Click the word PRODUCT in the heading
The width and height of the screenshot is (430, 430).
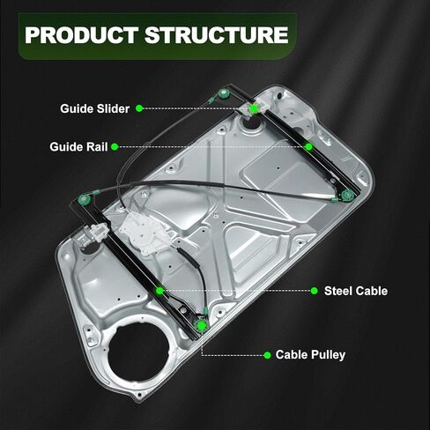(x=81, y=35)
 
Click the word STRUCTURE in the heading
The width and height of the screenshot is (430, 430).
(x=217, y=35)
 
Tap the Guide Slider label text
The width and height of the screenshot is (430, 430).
(x=94, y=108)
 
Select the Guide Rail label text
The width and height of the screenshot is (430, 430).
(x=78, y=147)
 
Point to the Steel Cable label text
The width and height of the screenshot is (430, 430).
(x=356, y=291)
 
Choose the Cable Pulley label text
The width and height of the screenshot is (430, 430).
(x=310, y=355)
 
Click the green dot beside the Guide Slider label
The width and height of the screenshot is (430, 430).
(x=139, y=108)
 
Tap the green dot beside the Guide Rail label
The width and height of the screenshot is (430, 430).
(x=115, y=147)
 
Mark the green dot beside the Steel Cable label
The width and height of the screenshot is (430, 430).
(x=314, y=291)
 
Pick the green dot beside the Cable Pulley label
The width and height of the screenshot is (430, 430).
(x=267, y=355)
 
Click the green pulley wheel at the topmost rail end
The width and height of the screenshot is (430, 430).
(x=226, y=94)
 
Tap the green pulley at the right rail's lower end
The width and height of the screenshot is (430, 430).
(x=348, y=195)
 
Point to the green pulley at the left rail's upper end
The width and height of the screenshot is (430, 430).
(x=85, y=200)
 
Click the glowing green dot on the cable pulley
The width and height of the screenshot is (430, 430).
(x=202, y=325)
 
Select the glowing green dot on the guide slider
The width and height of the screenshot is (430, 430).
(x=254, y=108)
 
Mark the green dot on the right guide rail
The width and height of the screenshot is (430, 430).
(x=308, y=146)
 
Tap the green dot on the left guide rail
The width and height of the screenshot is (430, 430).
(x=159, y=291)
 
